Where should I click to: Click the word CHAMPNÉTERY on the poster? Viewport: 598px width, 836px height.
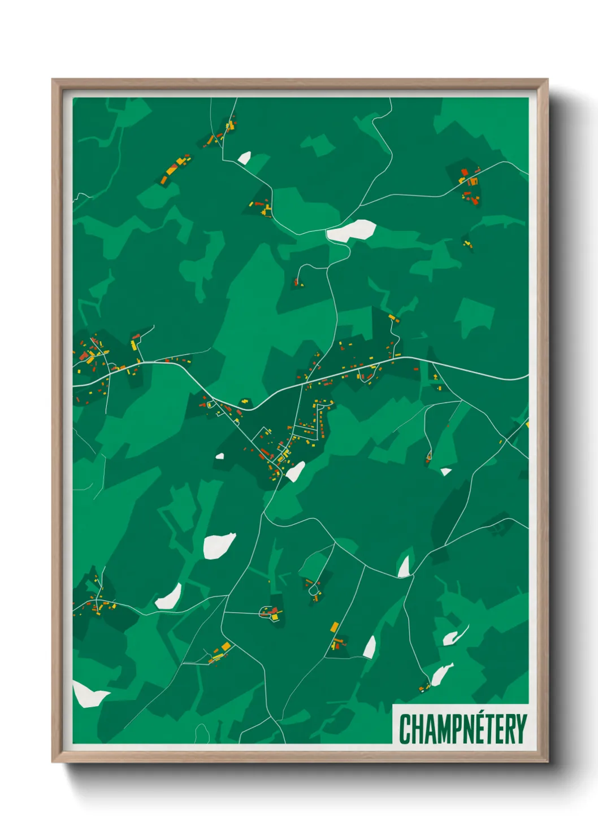click(462, 729)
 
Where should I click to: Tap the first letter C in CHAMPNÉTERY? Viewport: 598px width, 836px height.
click(405, 729)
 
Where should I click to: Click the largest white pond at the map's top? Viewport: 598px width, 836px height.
click(352, 230)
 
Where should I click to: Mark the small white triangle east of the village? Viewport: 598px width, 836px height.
click(445, 472)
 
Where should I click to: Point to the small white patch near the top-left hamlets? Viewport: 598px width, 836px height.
click(244, 158)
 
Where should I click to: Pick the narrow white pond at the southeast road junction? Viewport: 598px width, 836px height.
click(404, 567)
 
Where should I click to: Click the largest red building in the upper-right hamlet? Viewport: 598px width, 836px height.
click(474, 199)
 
